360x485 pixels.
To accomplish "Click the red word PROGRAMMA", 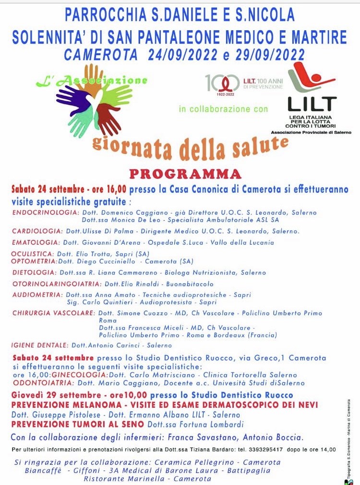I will point(185,173).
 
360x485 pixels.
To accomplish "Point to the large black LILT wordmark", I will point(312,104).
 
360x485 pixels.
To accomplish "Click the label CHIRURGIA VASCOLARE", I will point(53,313).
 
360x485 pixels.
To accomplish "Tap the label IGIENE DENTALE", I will point(40,345).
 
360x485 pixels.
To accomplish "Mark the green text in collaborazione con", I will point(223,109).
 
